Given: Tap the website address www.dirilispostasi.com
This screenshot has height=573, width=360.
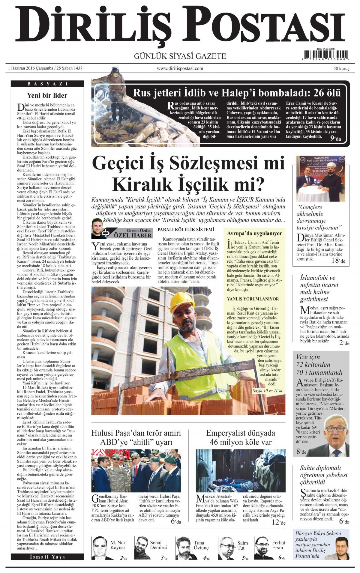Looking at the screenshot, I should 180,68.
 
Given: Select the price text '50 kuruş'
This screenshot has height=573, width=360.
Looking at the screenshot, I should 341,69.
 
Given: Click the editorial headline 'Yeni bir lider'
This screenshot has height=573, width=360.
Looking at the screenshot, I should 47,96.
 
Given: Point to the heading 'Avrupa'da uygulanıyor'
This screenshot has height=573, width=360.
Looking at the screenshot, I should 254,233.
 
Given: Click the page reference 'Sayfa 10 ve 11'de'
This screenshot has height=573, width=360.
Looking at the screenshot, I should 268,391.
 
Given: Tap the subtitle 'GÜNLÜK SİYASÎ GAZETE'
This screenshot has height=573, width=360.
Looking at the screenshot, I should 180,56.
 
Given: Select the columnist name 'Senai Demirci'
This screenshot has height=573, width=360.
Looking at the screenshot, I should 158,545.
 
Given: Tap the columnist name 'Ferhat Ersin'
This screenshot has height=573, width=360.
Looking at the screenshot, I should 278,545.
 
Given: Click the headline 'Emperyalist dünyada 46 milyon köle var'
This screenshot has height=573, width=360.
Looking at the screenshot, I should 241,437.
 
